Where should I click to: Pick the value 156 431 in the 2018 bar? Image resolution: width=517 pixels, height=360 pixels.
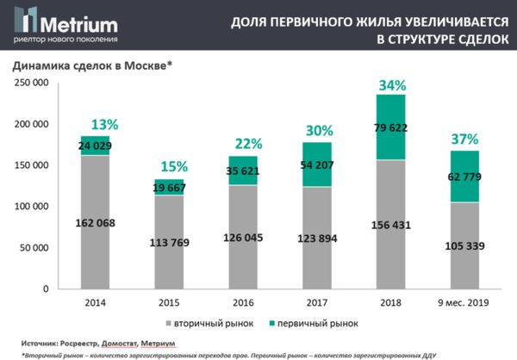point(392,226)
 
